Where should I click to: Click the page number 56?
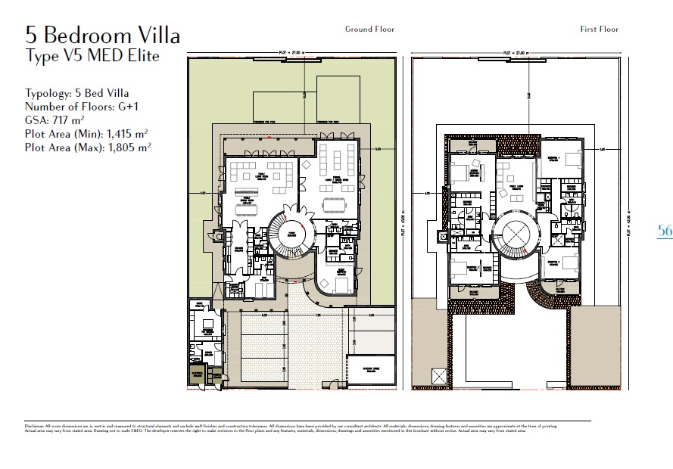coord(665,231)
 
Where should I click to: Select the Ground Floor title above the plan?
coord(369,30)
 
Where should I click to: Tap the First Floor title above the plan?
coord(599,30)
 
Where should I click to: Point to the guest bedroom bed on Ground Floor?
coord(339,285)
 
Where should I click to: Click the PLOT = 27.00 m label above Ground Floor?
coord(291,52)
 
